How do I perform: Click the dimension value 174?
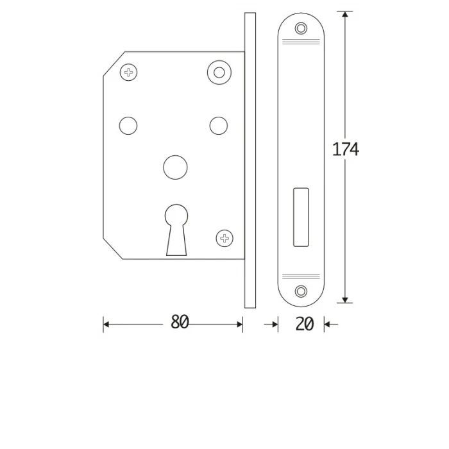pyautogui.click(x=345, y=149)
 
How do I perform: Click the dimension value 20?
pyautogui.click(x=305, y=324)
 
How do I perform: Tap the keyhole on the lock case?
pyautogui.click(x=176, y=229)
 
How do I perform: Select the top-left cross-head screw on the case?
pyautogui.click(x=128, y=72)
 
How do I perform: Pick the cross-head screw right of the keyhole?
pyautogui.click(x=224, y=238)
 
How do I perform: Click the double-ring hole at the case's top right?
pyautogui.click(x=219, y=72)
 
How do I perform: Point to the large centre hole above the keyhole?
pyautogui.click(x=175, y=167)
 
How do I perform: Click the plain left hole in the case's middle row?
pyautogui.click(x=128, y=126)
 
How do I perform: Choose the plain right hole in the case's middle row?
pyautogui.click(x=219, y=126)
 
